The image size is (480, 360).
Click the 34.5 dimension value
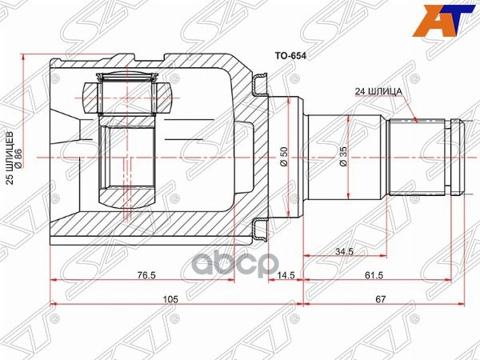pyautogui.click(x=345, y=252)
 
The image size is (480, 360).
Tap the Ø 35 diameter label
pyautogui.click(x=343, y=157)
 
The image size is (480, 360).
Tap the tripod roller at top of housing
pyautogui.click(x=126, y=94)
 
